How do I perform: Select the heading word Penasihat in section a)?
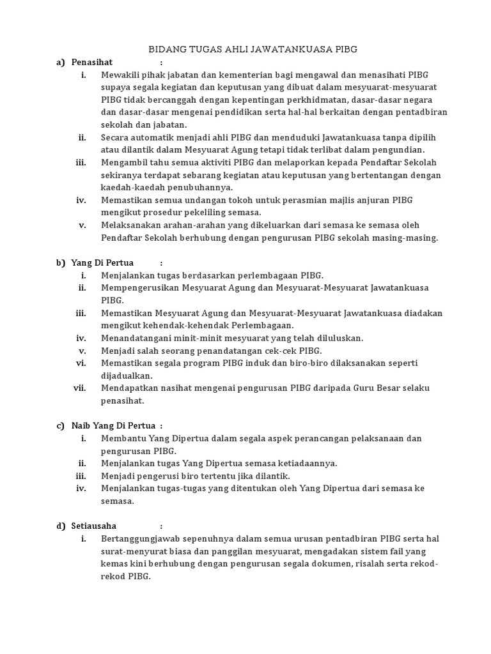[92, 62]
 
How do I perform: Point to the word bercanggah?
[171, 100]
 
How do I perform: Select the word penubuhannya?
[201, 187]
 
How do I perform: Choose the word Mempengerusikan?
[141, 287]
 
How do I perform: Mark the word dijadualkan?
[127, 376]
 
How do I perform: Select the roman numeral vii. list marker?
[81, 388]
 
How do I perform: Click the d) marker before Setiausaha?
[61, 526]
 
